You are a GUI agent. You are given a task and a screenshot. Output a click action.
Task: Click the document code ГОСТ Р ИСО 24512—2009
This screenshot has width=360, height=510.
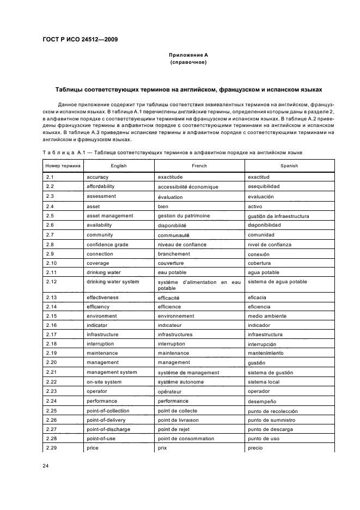point(80,40)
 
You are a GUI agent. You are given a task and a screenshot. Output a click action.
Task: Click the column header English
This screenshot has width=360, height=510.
point(118,165)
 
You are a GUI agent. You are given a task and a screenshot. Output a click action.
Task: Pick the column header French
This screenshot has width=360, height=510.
point(199,165)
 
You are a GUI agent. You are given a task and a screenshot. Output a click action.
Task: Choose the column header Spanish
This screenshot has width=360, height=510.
point(289,165)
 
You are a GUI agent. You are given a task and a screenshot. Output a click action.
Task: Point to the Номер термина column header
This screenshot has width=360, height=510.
point(62,165)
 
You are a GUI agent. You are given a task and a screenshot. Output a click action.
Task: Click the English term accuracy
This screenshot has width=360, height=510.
point(97,177)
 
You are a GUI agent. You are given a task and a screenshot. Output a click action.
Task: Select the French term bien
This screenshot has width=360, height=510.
point(163,207)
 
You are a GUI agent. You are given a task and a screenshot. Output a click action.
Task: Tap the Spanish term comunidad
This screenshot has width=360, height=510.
point(262,235)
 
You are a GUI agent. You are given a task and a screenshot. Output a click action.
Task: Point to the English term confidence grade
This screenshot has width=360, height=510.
point(107,245)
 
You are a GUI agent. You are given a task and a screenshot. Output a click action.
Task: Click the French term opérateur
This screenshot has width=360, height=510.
point(170,391)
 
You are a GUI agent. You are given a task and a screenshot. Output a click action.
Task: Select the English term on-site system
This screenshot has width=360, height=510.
point(105,381)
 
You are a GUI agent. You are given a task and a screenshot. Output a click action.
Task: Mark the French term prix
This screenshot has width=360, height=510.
point(162,448)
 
